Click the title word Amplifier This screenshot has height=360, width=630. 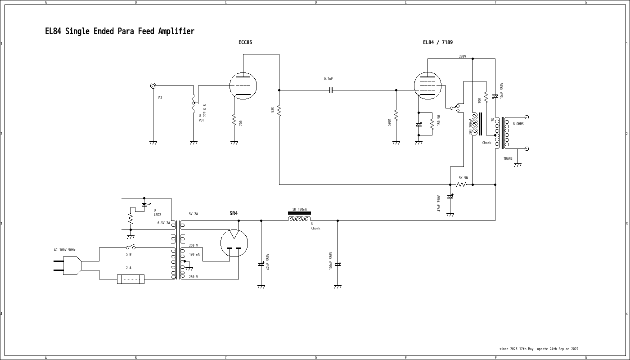(176, 31)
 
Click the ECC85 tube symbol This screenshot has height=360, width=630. (243, 85)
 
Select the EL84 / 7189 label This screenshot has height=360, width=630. (437, 42)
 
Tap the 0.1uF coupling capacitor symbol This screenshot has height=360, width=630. (331, 90)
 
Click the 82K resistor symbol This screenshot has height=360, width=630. (279, 110)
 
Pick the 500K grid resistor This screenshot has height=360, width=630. (396, 116)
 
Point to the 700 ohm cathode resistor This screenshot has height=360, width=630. (234, 120)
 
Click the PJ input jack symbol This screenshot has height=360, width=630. (153, 85)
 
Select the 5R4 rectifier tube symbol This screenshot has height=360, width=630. (234, 243)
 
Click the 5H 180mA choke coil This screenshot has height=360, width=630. (299, 219)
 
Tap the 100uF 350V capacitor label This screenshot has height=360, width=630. (331, 261)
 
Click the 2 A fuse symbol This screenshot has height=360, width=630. (130, 279)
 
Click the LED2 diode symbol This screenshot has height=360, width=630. (144, 204)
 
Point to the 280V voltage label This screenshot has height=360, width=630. (462, 56)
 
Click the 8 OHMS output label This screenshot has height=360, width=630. (518, 124)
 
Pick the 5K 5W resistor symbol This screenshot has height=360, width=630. (461, 184)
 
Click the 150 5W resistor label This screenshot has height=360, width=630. (439, 120)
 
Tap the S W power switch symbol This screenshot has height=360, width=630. (130, 247)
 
